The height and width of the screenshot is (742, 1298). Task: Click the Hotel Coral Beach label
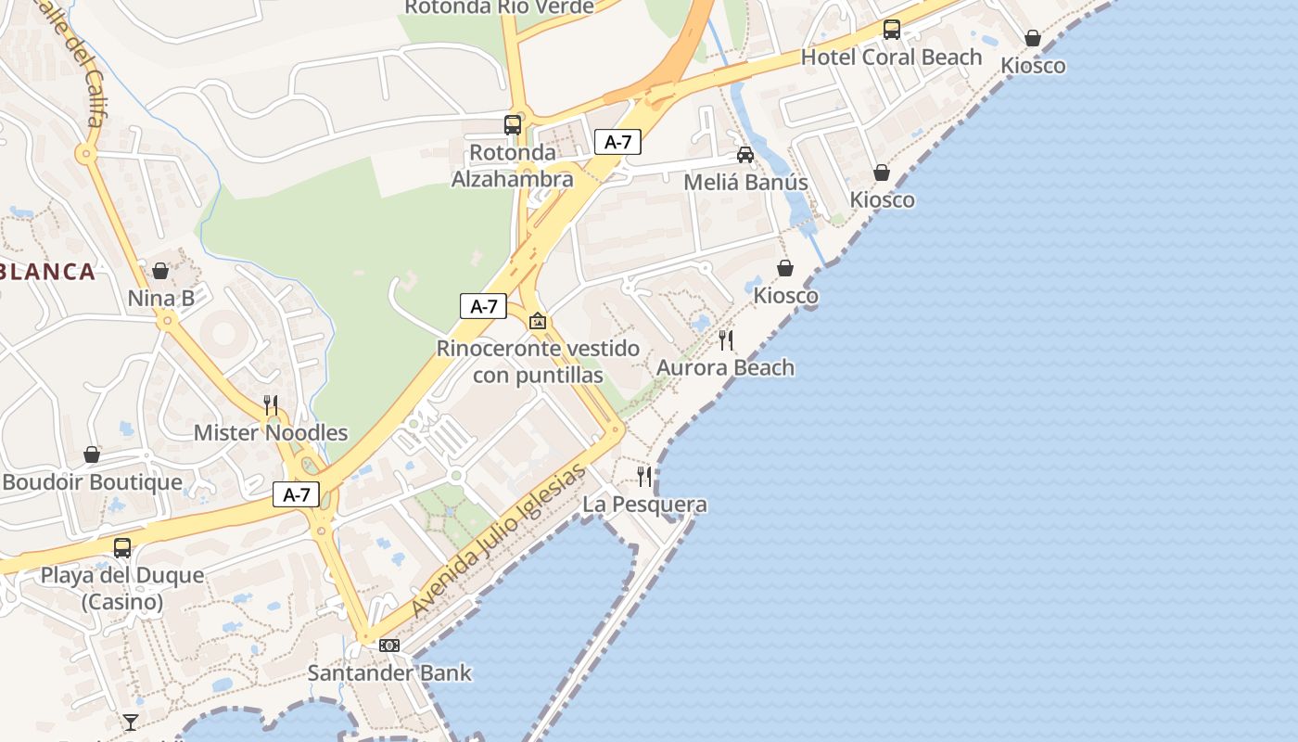point(891,58)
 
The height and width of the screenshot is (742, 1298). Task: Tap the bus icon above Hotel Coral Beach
point(891,30)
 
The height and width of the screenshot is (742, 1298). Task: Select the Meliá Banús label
point(745,182)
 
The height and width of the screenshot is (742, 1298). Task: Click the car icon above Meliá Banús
point(745,155)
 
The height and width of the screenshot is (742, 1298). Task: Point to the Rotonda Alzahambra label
point(513,166)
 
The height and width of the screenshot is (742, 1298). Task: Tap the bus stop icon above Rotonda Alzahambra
point(513,124)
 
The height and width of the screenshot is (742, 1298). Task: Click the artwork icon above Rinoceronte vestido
point(537,322)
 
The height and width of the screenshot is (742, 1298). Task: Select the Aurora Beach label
point(725,367)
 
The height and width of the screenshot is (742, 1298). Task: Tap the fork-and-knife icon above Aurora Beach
point(726,340)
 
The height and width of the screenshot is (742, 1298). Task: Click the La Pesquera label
point(644,505)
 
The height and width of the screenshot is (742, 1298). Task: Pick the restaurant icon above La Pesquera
point(644,477)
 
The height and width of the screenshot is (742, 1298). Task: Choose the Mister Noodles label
point(271,432)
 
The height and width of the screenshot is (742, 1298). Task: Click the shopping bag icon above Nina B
point(160,271)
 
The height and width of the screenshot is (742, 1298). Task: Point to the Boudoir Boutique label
point(92,482)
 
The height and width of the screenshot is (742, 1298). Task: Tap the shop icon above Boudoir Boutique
point(92,454)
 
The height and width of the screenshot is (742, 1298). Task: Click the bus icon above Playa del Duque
point(122,547)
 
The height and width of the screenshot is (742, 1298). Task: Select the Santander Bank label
point(389,673)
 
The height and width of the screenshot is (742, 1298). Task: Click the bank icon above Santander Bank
point(389,646)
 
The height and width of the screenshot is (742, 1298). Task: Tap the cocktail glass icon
point(131,722)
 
